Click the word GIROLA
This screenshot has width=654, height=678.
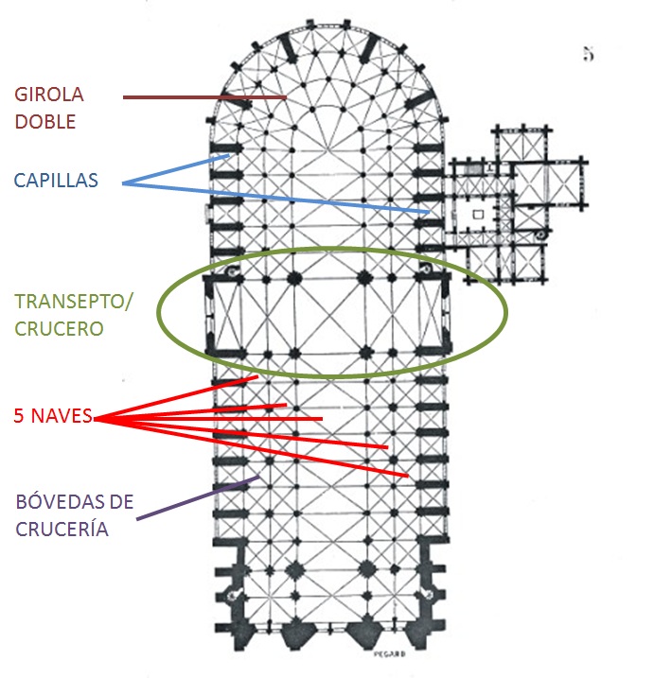click(x=49, y=95)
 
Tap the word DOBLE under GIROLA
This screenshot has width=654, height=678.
click(x=44, y=122)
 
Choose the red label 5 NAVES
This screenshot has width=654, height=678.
click(x=53, y=415)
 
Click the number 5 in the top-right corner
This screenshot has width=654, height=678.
click(x=588, y=55)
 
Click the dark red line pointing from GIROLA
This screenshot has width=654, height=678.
click(x=203, y=96)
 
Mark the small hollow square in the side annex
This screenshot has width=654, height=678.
click(x=479, y=215)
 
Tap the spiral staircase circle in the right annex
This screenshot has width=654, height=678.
click(x=539, y=235)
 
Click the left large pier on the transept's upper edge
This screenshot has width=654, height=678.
click(x=293, y=279)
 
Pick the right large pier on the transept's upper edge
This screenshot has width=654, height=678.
click(x=362, y=279)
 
